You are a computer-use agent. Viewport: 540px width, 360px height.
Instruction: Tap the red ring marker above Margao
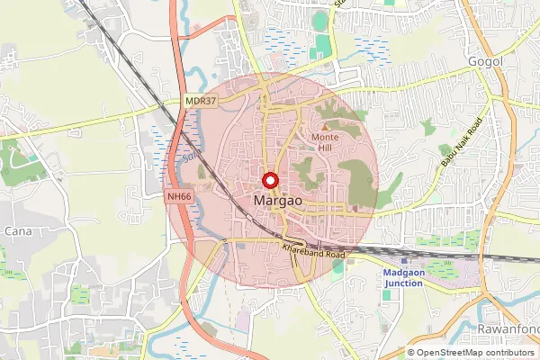[x=268, y=178]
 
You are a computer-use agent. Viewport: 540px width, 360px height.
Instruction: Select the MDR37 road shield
[x=200, y=102]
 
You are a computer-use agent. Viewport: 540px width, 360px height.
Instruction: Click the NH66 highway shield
[x=178, y=194]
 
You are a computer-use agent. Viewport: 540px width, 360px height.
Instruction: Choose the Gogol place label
[x=482, y=61]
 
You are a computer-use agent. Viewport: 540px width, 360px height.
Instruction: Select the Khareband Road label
[x=313, y=249]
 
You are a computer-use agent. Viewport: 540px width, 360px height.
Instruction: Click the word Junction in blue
[x=403, y=283]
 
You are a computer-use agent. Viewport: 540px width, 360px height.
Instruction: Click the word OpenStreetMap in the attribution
[x=448, y=352]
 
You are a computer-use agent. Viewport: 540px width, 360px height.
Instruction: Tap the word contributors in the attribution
[x=508, y=352]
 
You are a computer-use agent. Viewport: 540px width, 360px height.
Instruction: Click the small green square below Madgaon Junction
[x=387, y=295]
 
